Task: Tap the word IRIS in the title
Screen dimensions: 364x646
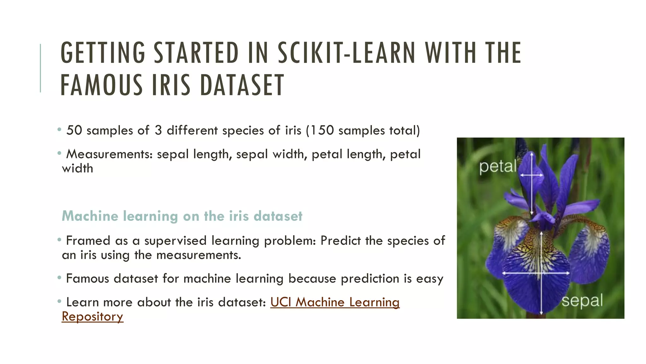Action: (x=171, y=85)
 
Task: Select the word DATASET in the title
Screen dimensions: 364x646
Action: (x=242, y=85)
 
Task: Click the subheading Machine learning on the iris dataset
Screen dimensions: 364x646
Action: (x=182, y=216)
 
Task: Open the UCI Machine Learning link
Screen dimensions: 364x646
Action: (x=335, y=302)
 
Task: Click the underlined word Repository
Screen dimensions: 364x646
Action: (x=92, y=317)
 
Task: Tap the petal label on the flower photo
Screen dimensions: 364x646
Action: (x=497, y=167)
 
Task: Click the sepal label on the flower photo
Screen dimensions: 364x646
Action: (x=582, y=300)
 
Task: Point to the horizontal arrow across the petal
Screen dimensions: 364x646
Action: (x=531, y=175)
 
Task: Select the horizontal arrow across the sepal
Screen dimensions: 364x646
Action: (x=536, y=273)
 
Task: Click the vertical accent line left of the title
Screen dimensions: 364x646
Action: (x=40, y=68)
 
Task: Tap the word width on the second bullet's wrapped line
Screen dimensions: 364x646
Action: (x=78, y=168)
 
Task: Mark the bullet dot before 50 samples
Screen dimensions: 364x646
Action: (x=59, y=130)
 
